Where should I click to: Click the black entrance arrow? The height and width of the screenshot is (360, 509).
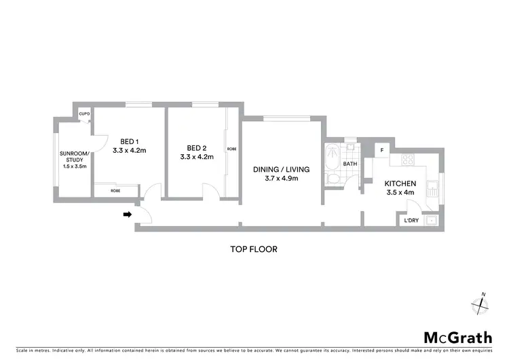(127, 215)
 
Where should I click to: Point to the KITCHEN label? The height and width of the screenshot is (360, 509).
(400, 183)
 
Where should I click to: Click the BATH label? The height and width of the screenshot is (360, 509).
(350, 164)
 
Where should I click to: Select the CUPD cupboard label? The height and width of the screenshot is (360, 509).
(85, 114)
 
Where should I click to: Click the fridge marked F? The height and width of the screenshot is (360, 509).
(382, 150)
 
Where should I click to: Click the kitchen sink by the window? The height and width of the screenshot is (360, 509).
(432, 187)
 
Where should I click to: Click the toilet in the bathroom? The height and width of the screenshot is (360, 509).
(333, 179)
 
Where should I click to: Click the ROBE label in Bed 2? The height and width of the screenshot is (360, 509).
(231, 149)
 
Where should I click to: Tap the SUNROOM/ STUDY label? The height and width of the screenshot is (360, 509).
(75, 160)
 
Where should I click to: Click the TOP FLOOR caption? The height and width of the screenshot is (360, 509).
(254, 249)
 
